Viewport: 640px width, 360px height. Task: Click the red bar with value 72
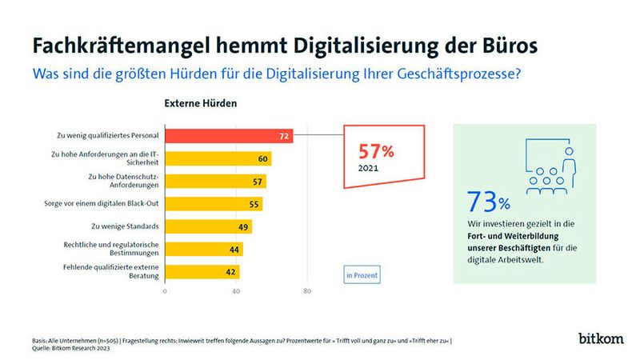228,137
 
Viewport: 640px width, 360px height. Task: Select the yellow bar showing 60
218,158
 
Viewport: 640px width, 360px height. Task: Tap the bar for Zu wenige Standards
208,226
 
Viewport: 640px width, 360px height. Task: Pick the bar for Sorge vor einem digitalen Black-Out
213,204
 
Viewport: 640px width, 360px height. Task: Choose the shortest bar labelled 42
202,271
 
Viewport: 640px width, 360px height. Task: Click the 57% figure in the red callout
374,151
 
